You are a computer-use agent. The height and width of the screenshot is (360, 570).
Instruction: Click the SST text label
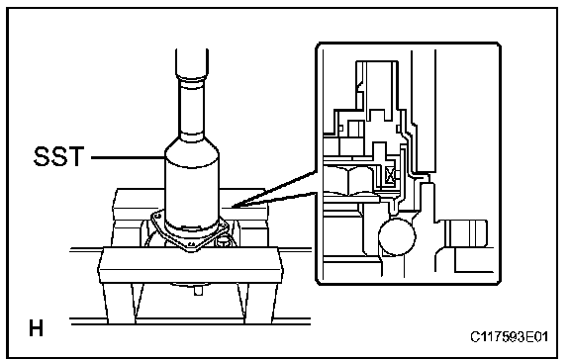[x=58, y=156]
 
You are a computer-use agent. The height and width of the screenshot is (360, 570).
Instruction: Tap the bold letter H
[x=36, y=328]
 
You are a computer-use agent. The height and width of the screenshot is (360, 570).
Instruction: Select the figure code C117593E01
[x=509, y=337]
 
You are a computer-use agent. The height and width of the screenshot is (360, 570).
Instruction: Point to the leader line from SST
[x=128, y=157]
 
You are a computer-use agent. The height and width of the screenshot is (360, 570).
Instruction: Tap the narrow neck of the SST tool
[x=192, y=109]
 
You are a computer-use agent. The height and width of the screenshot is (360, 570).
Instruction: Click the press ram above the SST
[x=192, y=63]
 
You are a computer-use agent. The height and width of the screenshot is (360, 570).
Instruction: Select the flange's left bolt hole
[x=157, y=216]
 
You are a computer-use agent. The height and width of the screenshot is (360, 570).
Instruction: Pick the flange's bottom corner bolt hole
[x=191, y=244]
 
